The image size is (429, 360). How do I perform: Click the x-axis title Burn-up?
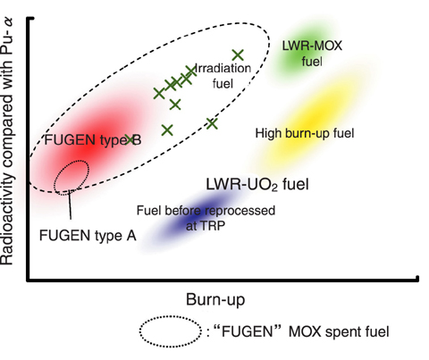coord(215,299)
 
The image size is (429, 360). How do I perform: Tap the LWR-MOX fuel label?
coord(312,54)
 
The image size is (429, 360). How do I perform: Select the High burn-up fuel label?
coord(305,133)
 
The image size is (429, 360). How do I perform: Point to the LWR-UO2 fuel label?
coord(257,184)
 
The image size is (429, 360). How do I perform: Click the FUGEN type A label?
coord(88,236)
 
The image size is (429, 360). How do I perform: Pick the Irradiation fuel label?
coord(223,76)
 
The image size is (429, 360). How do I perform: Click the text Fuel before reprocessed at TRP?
coord(206,218)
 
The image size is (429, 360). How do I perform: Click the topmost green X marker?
coord(238,54)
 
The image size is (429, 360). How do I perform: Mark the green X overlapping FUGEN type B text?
coord(130,139)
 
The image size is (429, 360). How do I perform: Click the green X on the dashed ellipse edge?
coord(212,123)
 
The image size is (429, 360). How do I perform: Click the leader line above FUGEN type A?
coord(70,205)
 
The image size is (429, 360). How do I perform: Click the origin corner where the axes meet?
coord(29,280)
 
